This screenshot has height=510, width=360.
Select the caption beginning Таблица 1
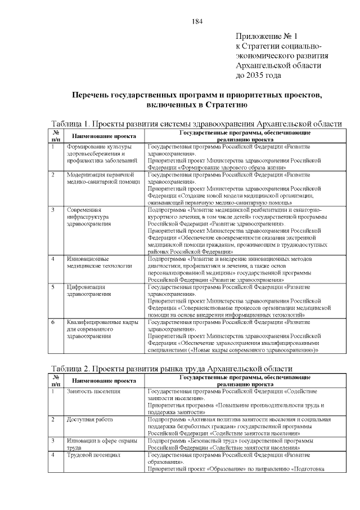196,124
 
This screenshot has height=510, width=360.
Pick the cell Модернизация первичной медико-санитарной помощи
103,178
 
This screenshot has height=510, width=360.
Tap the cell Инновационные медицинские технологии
99,261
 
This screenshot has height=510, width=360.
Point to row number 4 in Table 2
53,455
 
